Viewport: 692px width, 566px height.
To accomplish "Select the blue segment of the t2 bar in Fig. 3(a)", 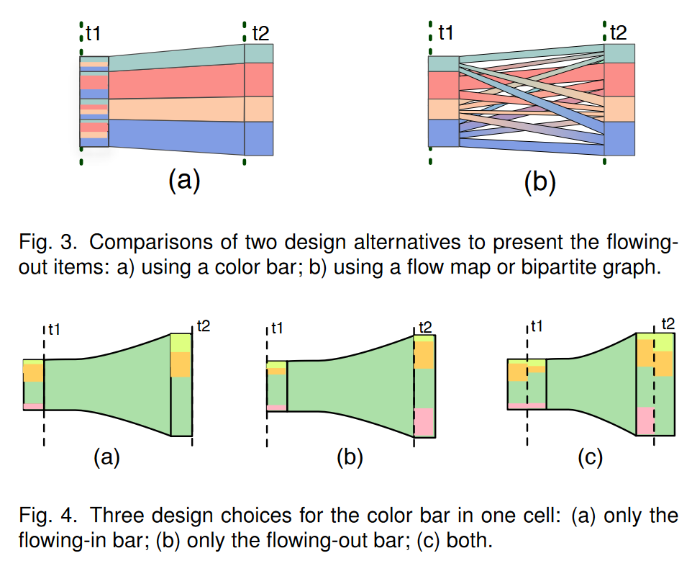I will click(x=259, y=138).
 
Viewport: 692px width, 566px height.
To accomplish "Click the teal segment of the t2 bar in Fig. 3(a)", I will click(x=259, y=53).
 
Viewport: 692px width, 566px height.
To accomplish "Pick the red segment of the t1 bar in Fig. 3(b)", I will click(x=442, y=85).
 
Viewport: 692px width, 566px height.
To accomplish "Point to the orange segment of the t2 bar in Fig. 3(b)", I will click(x=619, y=109).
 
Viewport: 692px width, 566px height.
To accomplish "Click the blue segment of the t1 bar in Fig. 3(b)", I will click(x=442, y=132).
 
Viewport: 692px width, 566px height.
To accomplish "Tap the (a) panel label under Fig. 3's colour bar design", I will click(x=183, y=180).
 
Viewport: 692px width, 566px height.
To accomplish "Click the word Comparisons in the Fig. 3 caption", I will click(x=144, y=240).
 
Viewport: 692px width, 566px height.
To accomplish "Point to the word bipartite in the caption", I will click(x=565, y=269).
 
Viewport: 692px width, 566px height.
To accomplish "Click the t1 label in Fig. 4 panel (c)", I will click(x=534, y=328).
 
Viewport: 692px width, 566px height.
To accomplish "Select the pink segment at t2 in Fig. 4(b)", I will click(x=424, y=422).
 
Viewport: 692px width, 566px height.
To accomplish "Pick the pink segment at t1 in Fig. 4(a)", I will click(x=33, y=407).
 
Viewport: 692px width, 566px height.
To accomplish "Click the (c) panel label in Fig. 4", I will click(x=590, y=458).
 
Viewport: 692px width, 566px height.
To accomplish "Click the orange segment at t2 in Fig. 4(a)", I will click(x=181, y=365).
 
